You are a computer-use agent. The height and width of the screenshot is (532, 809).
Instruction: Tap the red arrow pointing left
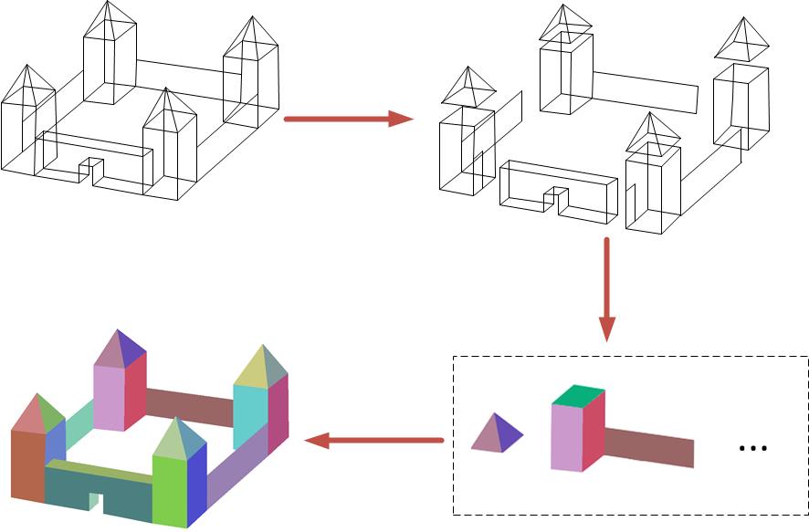[x=374, y=442]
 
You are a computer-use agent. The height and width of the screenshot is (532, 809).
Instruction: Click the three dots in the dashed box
[x=752, y=448]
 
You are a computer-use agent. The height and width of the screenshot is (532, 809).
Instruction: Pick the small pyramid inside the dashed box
[x=496, y=434]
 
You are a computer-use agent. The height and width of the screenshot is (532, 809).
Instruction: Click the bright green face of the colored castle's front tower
[x=169, y=488]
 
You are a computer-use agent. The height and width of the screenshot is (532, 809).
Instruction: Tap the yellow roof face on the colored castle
[x=250, y=370]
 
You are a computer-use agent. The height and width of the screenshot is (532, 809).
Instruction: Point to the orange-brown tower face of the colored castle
[x=26, y=465]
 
